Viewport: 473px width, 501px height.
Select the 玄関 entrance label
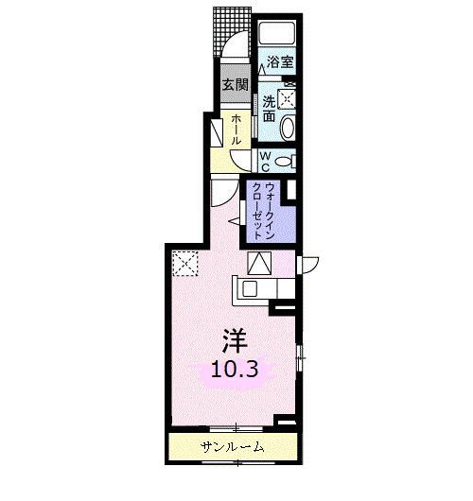(x=234, y=85)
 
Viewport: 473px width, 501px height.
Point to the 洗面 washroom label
(x=270, y=108)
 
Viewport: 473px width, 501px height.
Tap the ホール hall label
(x=235, y=129)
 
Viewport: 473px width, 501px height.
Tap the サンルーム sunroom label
(x=232, y=446)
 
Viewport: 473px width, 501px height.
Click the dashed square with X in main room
(x=184, y=264)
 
